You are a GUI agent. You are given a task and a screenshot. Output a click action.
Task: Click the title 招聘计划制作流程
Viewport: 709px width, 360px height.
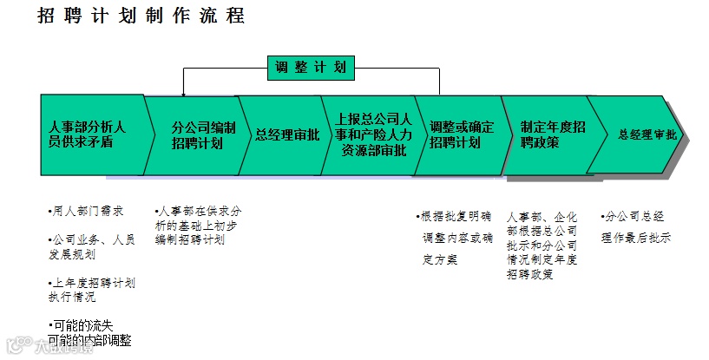click(141, 16)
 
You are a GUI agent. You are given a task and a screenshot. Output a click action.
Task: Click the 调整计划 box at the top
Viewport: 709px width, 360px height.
click(311, 67)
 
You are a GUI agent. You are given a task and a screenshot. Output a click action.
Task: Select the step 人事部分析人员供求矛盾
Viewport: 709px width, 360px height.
click(87, 135)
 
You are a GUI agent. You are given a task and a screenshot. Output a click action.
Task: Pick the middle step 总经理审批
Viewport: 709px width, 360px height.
click(286, 135)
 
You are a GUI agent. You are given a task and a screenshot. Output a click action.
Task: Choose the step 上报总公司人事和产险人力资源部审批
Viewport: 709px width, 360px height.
click(370, 135)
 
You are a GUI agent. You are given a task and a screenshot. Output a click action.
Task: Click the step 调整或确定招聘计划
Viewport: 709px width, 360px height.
click(461, 135)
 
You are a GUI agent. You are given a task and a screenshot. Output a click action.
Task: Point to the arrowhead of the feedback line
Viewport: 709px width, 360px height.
click(183, 91)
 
